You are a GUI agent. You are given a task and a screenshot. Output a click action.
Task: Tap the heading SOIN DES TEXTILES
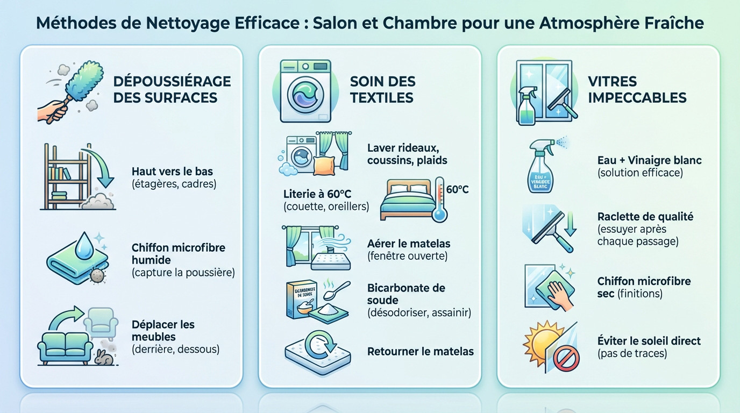[382, 89]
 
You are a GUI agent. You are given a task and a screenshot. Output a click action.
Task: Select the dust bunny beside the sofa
[104, 357]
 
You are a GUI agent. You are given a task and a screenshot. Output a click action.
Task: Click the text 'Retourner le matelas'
[420, 352]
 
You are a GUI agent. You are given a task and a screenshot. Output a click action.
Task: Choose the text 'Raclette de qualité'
[645, 217]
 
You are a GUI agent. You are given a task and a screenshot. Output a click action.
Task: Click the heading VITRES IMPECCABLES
[637, 89]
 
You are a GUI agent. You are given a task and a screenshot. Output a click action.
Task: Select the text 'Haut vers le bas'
[172, 172]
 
